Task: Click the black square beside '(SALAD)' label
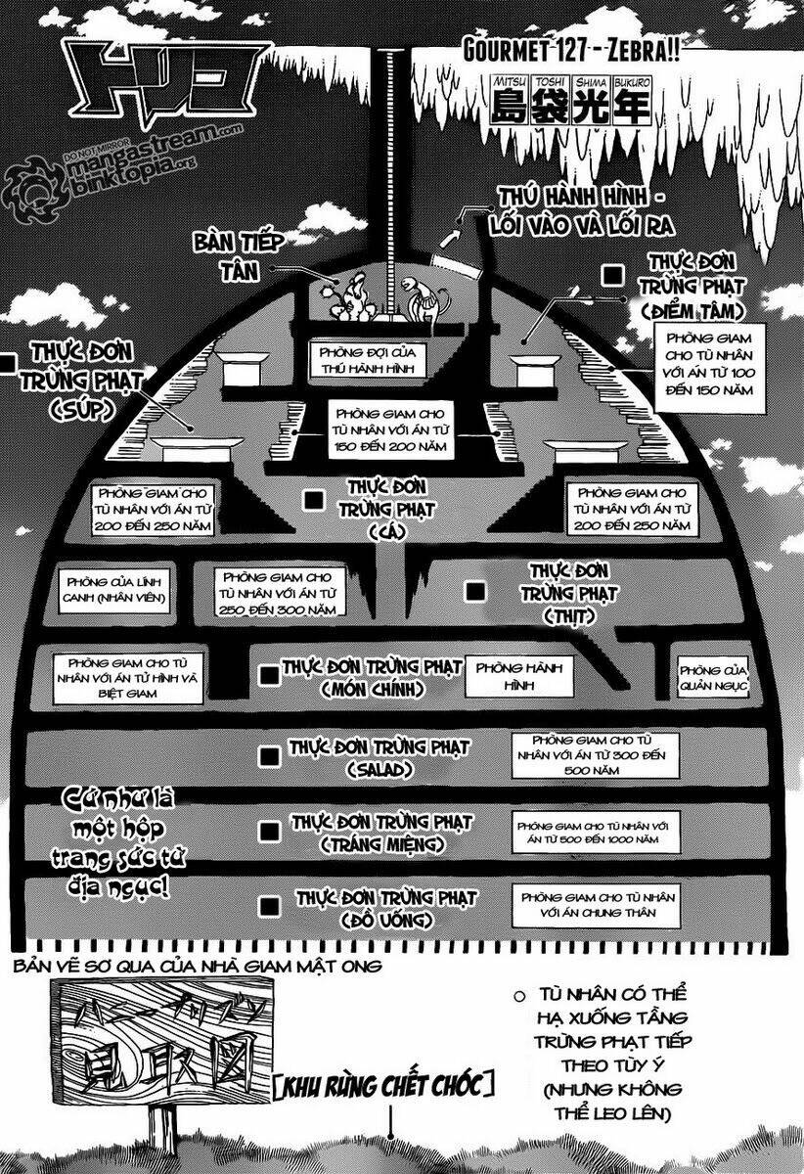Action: (x=270, y=754)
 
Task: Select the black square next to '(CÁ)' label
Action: (x=313, y=500)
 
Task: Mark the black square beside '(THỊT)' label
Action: (x=475, y=591)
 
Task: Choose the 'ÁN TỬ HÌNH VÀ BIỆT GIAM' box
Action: (x=128, y=676)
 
